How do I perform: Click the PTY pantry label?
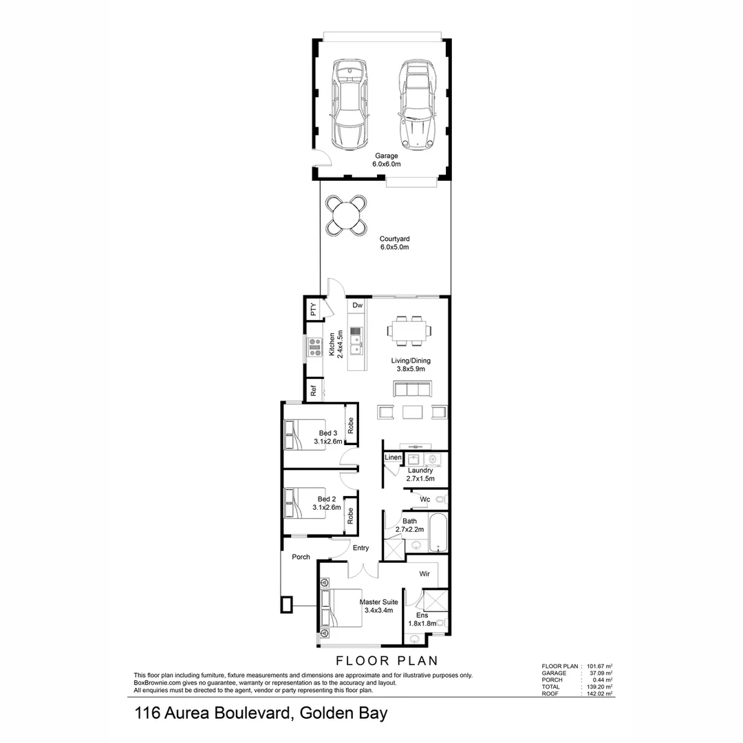point(314,310)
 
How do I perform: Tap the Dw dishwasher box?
point(356,305)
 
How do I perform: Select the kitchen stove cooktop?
point(314,347)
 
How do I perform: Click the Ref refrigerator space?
point(314,390)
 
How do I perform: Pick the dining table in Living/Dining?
point(410,330)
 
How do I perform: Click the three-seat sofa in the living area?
point(412,389)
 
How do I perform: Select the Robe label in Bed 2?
point(351,516)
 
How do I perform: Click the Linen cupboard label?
point(392,457)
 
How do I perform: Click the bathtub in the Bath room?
point(438,532)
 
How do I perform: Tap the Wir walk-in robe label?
point(424,572)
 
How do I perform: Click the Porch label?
point(301,557)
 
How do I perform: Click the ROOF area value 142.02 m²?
point(599,693)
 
